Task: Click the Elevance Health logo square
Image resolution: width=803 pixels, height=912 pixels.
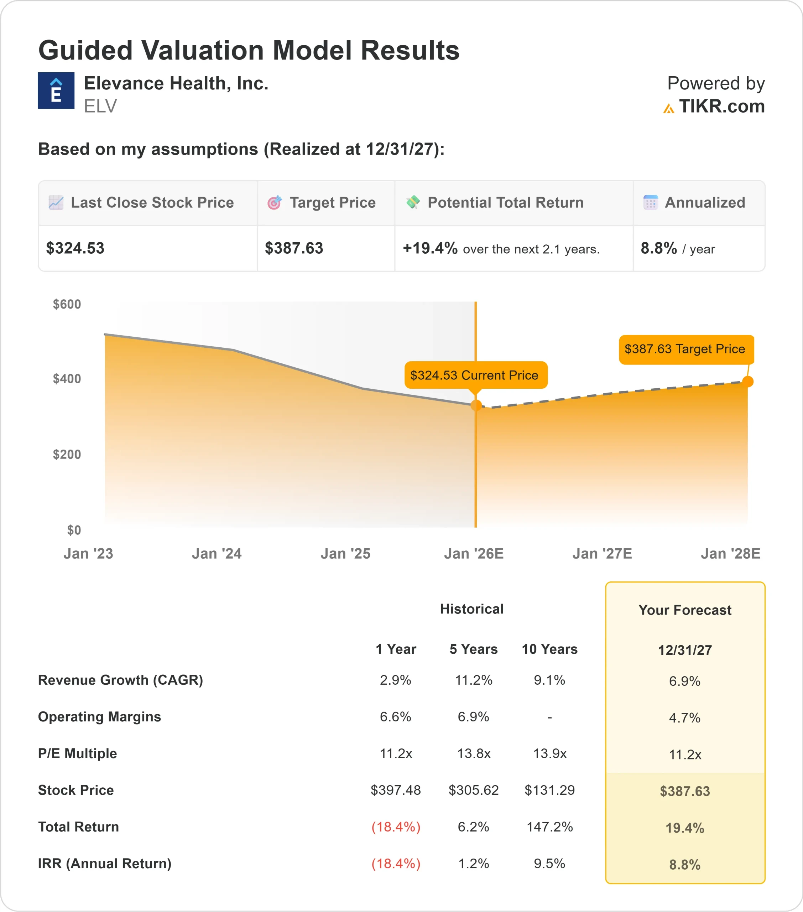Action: (x=56, y=90)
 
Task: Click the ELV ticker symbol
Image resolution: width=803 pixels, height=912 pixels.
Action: (x=100, y=106)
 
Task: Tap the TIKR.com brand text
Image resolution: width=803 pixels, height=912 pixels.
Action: (x=721, y=106)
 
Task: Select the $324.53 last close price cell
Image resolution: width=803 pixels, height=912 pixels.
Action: (x=75, y=248)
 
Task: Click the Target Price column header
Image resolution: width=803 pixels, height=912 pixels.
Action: (x=332, y=203)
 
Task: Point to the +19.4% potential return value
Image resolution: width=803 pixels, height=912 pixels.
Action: (x=430, y=248)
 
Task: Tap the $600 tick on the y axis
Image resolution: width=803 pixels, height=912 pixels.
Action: (x=67, y=304)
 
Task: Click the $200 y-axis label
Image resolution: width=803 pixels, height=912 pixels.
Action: (x=67, y=454)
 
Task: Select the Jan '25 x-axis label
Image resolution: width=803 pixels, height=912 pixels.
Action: (x=345, y=553)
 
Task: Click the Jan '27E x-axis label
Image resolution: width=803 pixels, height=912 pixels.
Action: (x=602, y=553)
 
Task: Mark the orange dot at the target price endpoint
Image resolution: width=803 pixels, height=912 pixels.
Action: (x=748, y=382)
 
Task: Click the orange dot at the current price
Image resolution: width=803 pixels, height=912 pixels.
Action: (x=476, y=405)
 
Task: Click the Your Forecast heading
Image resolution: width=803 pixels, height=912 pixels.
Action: (x=685, y=610)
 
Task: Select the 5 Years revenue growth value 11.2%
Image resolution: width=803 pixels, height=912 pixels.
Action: (x=473, y=680)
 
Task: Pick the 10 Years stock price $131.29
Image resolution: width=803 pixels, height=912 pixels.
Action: (x=549, y=790)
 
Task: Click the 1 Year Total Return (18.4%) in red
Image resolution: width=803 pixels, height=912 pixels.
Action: (x=396, y=827)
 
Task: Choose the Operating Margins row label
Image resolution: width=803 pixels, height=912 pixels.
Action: (x=99, y=716)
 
